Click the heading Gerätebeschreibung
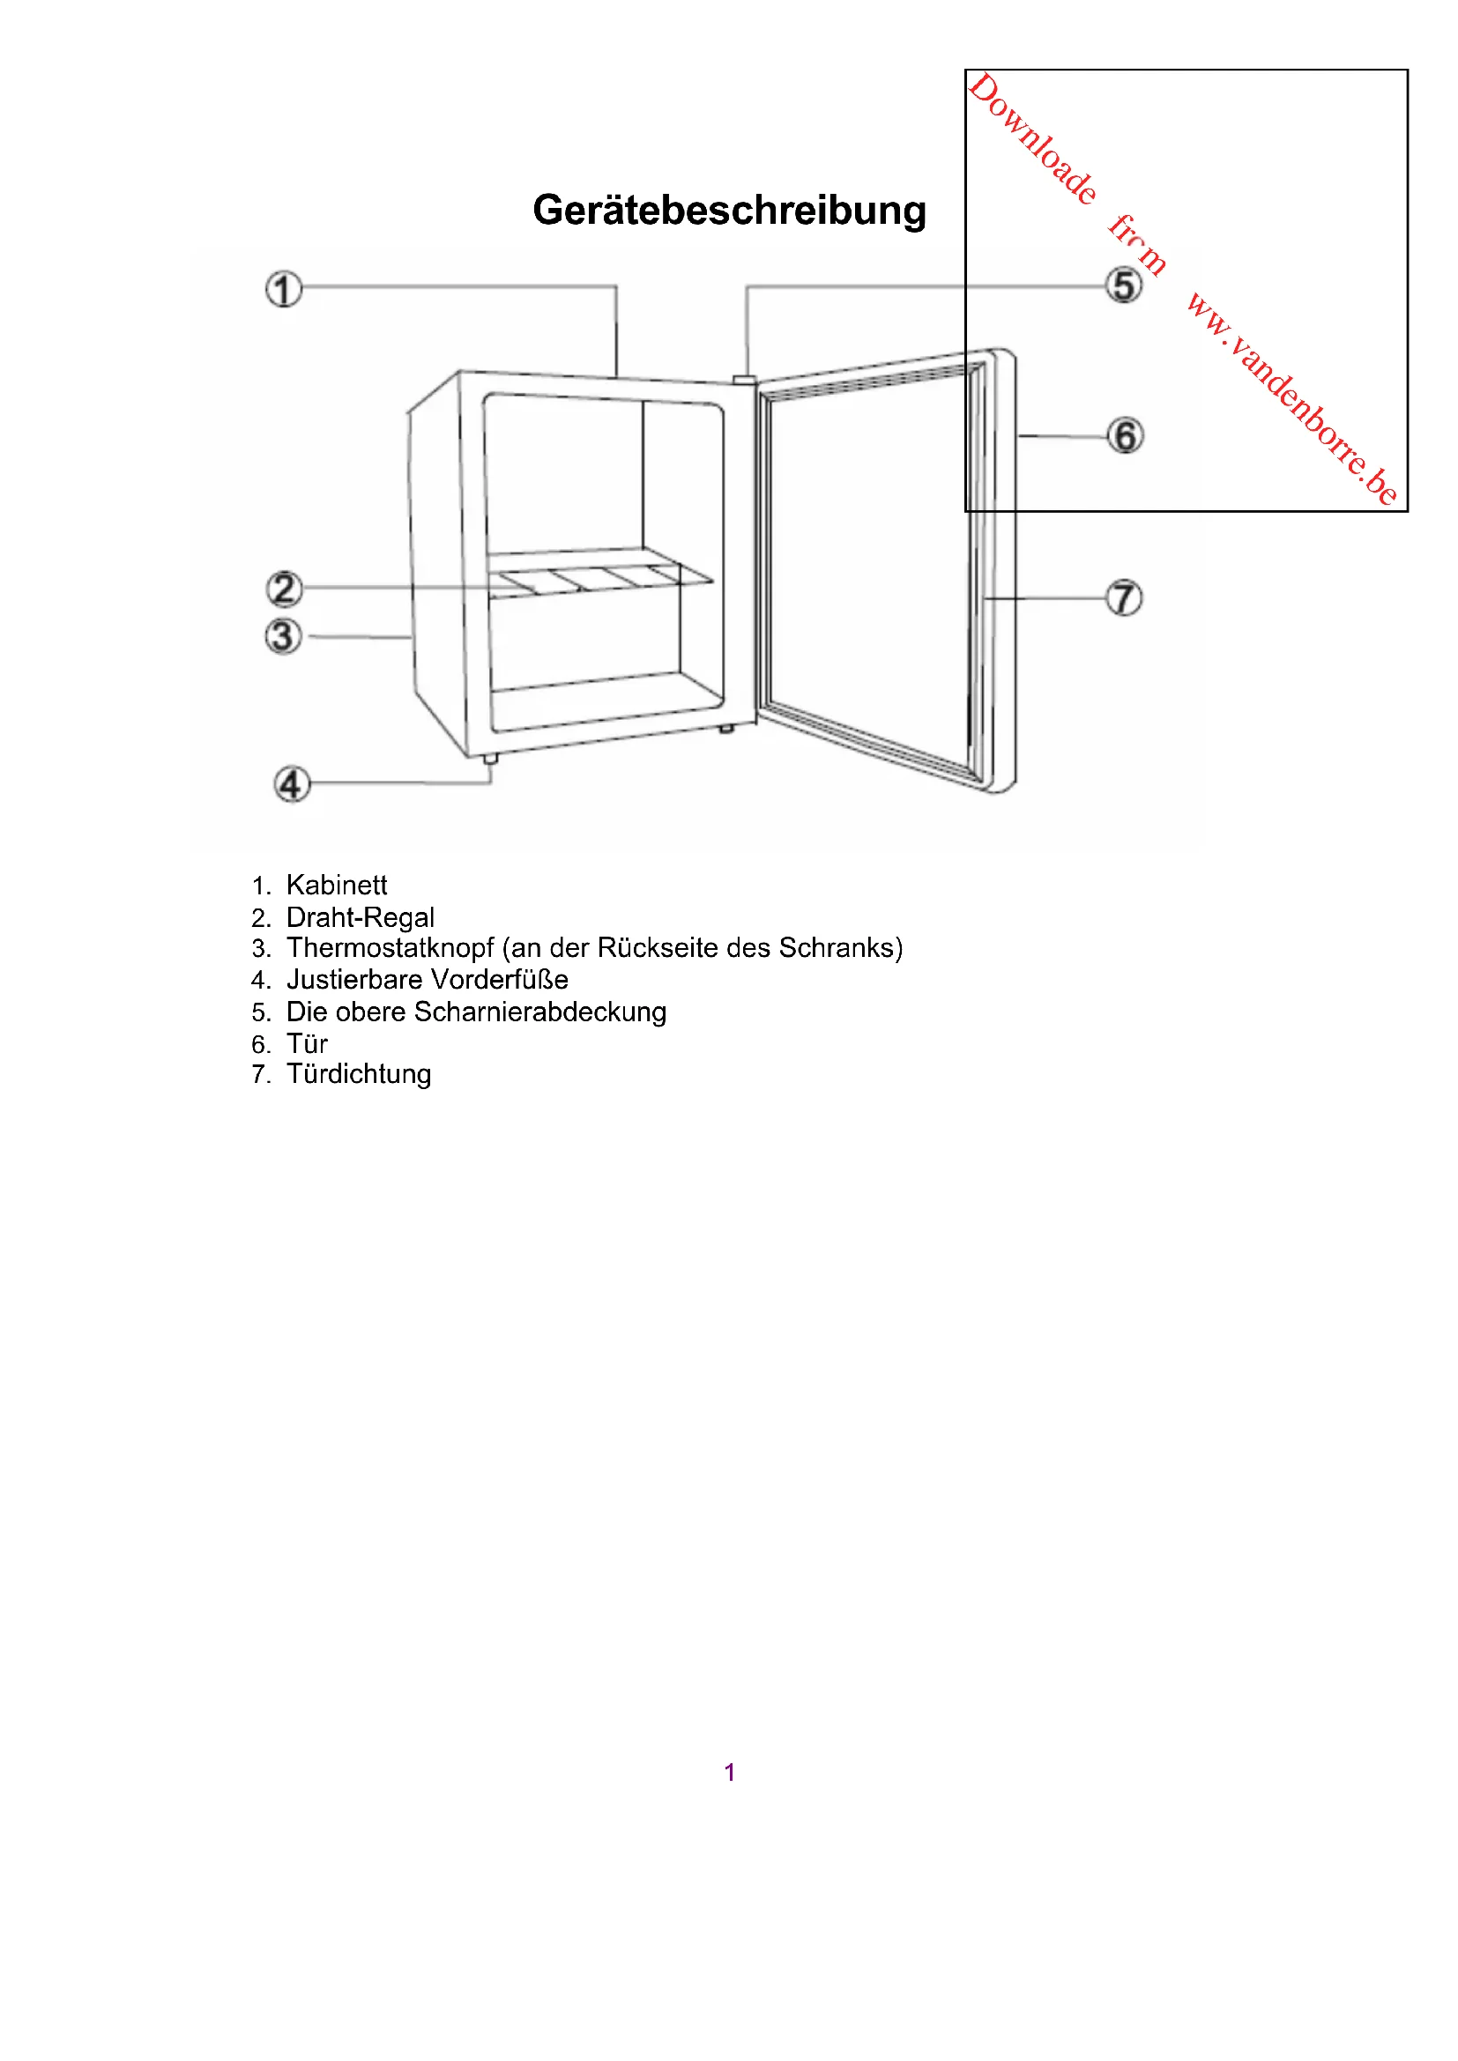729,211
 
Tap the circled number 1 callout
284,290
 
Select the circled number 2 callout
284,589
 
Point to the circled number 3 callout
283,636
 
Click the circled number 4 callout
292,783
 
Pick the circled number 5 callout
1124,286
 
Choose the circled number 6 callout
1125,436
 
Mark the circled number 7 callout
1124,597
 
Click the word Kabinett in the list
337,885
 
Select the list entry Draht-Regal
360,917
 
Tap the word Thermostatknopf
391,948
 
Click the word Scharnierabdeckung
539,1012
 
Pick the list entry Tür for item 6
307,1044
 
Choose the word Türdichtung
359,1074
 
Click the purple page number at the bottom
730,1772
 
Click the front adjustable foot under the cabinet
490,760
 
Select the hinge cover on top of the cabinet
744,381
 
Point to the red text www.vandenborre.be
1293,399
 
